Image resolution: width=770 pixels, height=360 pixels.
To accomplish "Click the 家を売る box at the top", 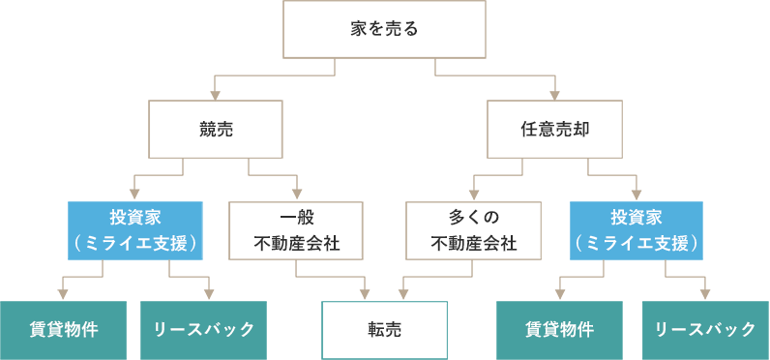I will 384,29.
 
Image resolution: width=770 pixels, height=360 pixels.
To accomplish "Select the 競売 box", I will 215,129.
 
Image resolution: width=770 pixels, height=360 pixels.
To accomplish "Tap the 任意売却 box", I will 554,129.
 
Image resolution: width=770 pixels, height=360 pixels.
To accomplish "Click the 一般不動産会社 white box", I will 296,230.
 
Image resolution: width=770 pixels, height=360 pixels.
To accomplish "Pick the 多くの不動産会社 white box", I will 473,230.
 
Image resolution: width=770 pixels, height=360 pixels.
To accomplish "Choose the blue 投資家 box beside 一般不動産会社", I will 134,230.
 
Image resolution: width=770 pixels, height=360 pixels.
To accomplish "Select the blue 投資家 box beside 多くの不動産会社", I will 637,230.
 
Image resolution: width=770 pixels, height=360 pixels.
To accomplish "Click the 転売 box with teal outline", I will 384,330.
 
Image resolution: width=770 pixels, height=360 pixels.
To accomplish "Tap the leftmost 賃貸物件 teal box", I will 63,330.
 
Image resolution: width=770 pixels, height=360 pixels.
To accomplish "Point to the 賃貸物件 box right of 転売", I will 560,330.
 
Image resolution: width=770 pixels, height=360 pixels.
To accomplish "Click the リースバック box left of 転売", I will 204,330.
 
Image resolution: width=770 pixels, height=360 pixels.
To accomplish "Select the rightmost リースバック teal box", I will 706,330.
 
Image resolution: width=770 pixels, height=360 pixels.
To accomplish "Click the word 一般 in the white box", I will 296,217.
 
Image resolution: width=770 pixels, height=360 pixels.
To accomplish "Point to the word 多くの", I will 473,217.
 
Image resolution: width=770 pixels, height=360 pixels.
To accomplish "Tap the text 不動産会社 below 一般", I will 296,244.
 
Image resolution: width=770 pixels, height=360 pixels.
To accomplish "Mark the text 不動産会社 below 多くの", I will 473,244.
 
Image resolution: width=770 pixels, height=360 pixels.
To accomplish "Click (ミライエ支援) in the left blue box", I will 134,244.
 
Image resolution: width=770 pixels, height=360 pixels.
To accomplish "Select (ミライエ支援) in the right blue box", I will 637,244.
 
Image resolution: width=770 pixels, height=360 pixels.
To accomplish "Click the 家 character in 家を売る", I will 358,29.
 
